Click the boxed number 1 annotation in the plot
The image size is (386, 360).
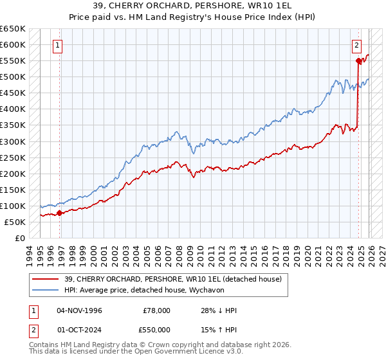point(59,45)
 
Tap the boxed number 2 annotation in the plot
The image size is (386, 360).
point(356,45)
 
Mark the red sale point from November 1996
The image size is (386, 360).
point(60,213)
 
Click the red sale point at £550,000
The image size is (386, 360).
point(358,60)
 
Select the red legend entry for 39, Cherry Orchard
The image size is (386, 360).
point(172,279)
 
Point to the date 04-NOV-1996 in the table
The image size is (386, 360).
point(79,310)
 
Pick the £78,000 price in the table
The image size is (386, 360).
point(155,310)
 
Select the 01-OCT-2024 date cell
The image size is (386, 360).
point(79,329)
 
